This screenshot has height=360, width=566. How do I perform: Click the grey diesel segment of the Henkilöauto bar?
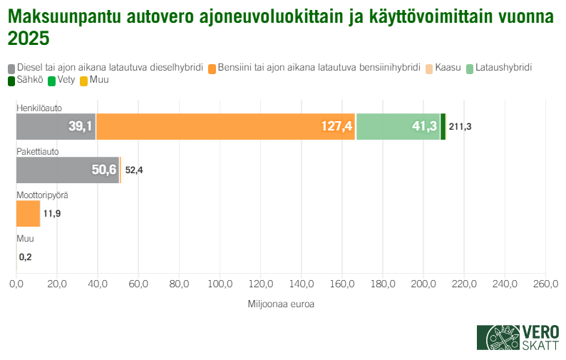click(x=56, y=127)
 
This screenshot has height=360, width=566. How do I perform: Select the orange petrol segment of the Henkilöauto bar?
click(x=225, y=127)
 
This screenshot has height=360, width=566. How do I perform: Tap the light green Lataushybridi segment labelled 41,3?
click(x=398, y=127)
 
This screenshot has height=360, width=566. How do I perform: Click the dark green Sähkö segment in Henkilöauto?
click(x=443, y=127)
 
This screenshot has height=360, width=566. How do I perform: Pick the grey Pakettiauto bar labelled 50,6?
click(x=67, y=170)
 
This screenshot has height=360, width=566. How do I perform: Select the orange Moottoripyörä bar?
click(x=28, y=214)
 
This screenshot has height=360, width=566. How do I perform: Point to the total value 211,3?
click(x=460, y=127)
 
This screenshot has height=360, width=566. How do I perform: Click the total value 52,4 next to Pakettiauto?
click(x=134, y=170)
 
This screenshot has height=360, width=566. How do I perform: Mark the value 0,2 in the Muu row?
click(x=26, y=257)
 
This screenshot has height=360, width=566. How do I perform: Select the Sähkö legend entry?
click(x=26, y=81)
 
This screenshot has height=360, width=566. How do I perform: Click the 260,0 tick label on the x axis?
click(x=545, y=284)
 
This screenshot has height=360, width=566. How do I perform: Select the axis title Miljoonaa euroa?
click(x=281, y=304)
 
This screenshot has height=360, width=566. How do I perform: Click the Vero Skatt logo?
click(x=518, y=337)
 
